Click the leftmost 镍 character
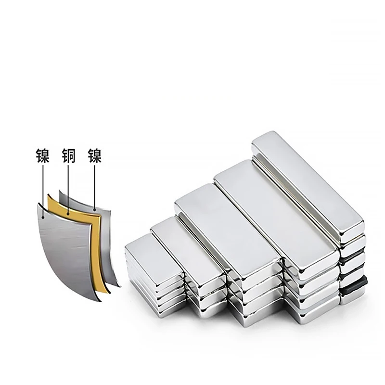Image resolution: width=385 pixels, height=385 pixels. tap(43, 155)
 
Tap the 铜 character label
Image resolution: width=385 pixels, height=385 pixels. tap(68, 155)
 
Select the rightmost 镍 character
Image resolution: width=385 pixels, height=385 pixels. tap(94, 155)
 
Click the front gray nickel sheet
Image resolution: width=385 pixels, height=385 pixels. tap(66, 250)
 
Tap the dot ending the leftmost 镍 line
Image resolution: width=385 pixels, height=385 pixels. tap(43, 217)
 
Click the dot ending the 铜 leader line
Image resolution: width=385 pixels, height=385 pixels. tap(68, 214)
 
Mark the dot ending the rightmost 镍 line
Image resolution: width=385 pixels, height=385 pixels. tap(94, 209)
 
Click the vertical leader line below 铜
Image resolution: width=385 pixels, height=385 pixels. tap(68, 189)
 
